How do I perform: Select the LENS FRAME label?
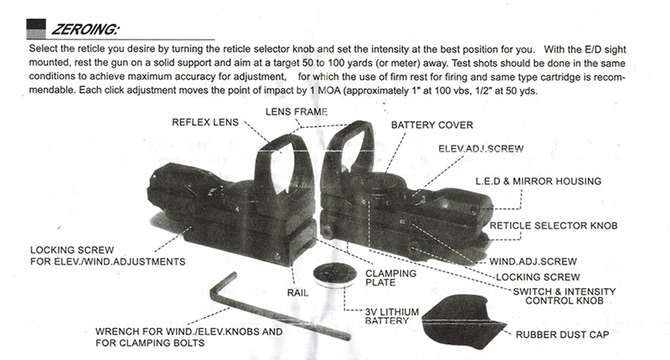pyautogui.click(x=296, y=111)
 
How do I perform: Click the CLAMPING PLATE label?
pyautogui.click(x=392, y=276)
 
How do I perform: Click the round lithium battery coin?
pyautogui.click(x=328, y=275)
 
